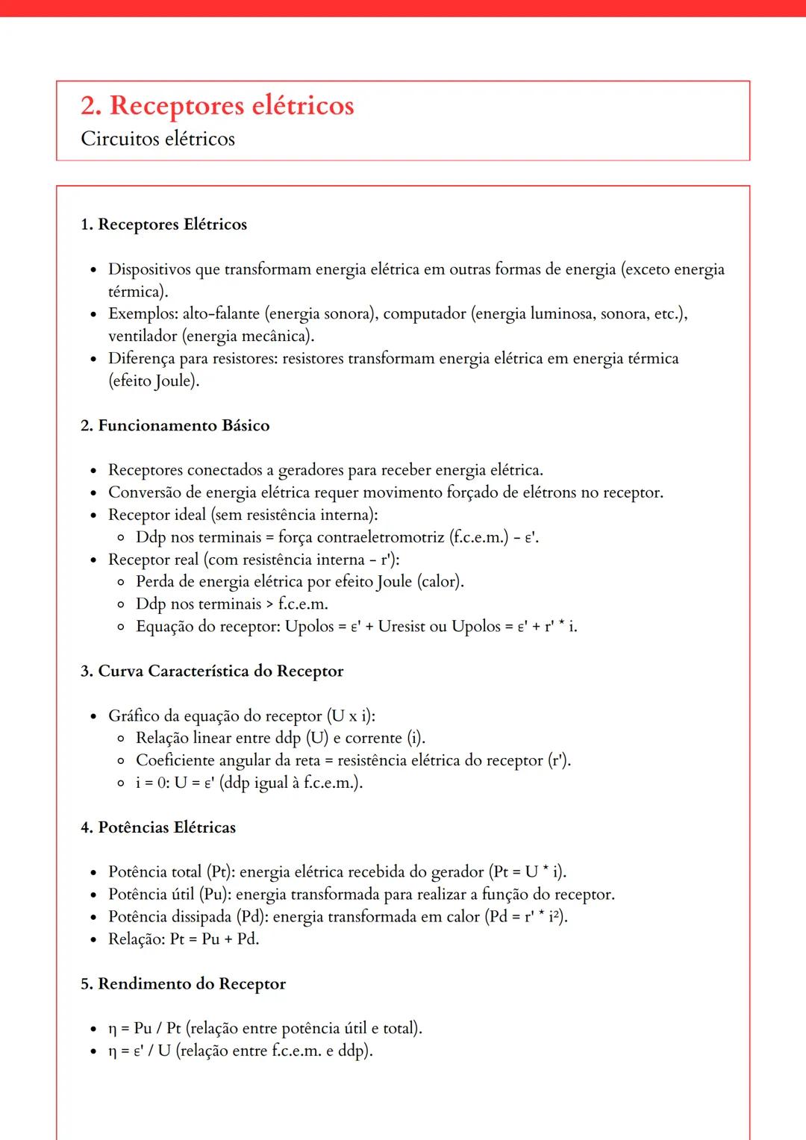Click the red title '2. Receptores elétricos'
point(217,106)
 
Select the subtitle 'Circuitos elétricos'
point(157,140)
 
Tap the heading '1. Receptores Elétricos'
point(163,225)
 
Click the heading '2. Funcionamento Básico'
point(175,426)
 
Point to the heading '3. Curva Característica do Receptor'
point(212,671)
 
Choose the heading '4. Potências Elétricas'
point(158,827)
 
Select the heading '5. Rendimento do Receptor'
point(183,984)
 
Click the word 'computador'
point(425,314)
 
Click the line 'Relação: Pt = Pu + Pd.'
point(184,939)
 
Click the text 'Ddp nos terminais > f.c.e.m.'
point(231,604)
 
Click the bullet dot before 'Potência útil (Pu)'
point(93,895)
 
